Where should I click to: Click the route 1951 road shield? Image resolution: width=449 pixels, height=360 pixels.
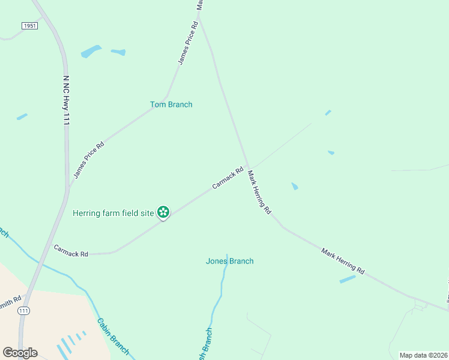[x=29, y=26]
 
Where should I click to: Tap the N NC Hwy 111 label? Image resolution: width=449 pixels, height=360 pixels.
[x=66, y=100]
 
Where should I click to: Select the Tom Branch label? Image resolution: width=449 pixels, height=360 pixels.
[x=171, y=104]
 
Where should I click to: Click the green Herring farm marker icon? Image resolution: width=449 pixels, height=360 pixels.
[x=163, y=212]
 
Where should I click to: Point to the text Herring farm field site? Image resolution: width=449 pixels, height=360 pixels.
[x=113, y=213]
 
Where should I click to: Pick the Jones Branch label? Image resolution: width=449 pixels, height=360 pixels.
[x=229, y=261]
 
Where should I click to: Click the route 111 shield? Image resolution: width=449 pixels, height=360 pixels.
[x=24, y=310]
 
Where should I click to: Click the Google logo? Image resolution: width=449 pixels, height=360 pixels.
[x=20, y=353]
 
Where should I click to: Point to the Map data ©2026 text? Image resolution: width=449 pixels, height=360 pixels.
[x=423, y=355]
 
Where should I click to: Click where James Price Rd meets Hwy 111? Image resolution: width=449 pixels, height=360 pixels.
[x=68, y=187]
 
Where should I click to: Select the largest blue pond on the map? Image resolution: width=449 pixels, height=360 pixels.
[x=91, y=52]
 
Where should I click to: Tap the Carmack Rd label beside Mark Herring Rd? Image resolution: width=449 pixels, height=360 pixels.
[x=228, y=178]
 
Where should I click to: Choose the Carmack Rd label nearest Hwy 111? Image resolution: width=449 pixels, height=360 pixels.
[x=71, y=251]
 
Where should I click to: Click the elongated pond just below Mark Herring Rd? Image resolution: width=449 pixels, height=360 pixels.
[x=348, y=279]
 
